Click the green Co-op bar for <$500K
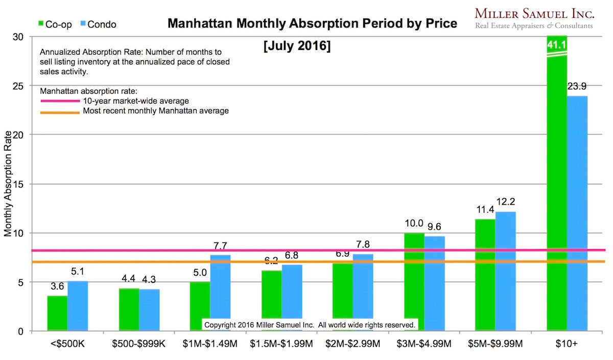coord(57,313)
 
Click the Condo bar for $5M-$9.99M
coord(505,271)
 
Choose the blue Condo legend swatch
coord(83,23)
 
